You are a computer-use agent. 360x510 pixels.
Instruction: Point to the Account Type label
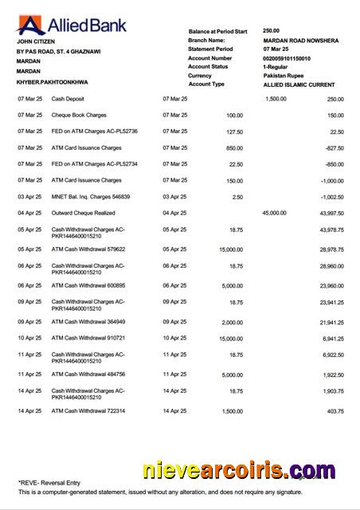click(x=206, y=84)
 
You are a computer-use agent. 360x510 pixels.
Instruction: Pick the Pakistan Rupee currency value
click(x=284, y=76)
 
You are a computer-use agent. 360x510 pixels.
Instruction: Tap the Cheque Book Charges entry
click(x=80, y=115)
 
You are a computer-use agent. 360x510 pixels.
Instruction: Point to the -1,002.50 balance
click(x=330, y=196)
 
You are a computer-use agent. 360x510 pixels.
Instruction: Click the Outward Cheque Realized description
click(x=84, y=213)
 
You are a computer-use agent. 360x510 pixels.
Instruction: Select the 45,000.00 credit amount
click(x=274, y=213)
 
